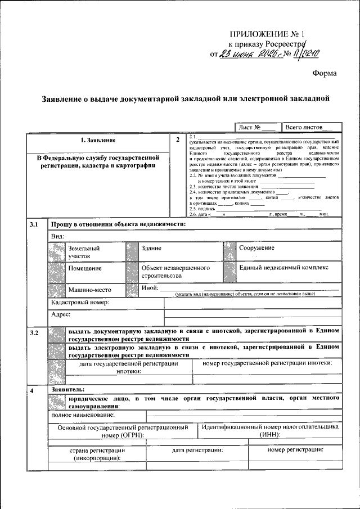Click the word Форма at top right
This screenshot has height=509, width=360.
(x=325, y=73)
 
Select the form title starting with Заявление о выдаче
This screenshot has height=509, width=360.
(x=185, y=98)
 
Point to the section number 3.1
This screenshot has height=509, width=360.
(x=34, y=225)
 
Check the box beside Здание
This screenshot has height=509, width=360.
(x=131, y=252)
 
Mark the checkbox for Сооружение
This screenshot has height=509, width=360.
(x=229, y=252)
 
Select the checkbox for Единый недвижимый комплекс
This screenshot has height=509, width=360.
(x=229, y=272)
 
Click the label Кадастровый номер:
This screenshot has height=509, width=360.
(x=79, y=303)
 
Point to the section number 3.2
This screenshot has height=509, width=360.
(x=34, y=334)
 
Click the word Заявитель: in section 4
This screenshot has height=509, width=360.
(x=67, y=389)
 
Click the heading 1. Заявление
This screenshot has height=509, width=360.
(x=98, y=139)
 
